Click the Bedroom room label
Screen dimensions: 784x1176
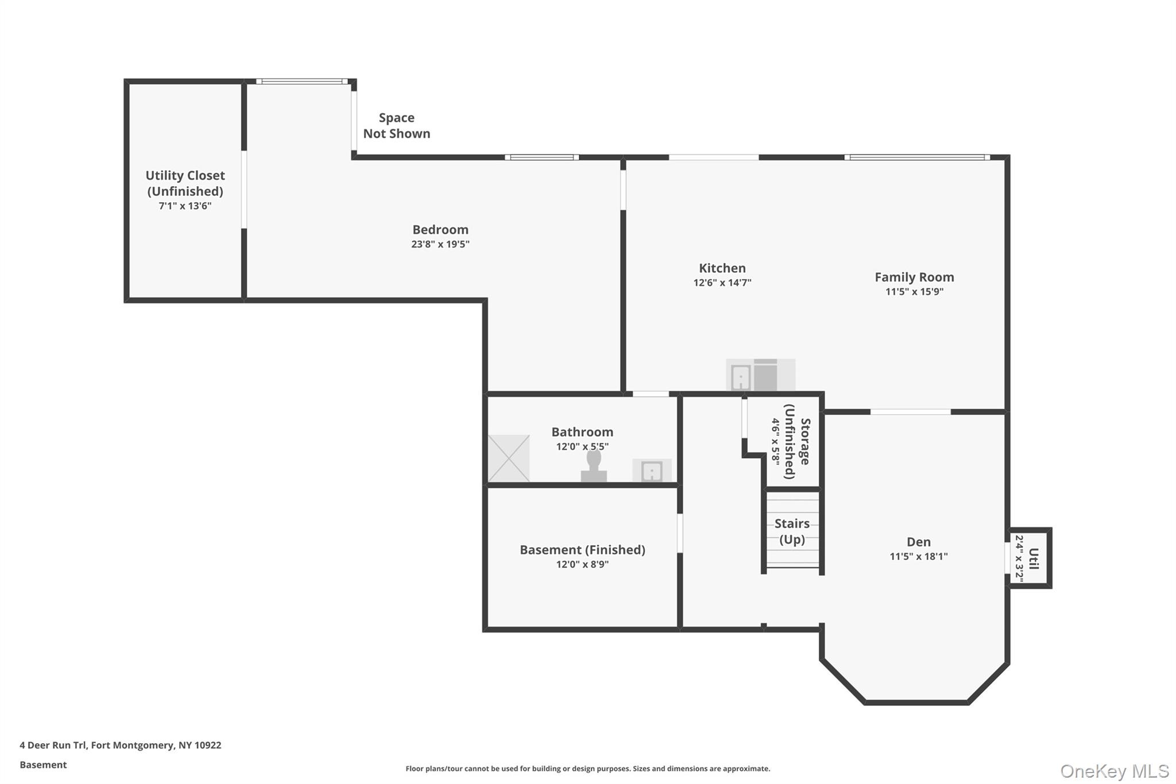440,230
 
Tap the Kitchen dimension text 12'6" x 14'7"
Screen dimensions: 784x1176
722,283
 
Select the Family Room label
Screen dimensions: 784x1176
914,277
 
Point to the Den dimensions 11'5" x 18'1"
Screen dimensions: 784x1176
918,556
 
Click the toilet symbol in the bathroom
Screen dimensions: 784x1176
594,466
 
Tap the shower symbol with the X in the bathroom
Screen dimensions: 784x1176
509,458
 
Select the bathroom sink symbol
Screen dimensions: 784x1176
652,471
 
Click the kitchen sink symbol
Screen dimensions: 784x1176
740,377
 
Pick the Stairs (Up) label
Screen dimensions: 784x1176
792,531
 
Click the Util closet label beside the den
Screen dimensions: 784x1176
1033,558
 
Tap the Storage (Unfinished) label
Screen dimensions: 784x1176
798,441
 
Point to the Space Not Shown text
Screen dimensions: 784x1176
396,126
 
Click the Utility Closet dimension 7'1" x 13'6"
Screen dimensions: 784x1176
185,206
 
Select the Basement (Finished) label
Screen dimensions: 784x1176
582,550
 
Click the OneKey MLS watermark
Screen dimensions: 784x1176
1114,771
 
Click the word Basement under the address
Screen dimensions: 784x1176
43,764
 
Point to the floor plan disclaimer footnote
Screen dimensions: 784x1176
587,768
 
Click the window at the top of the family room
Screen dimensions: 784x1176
916,157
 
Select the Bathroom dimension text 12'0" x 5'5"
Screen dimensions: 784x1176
582,447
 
